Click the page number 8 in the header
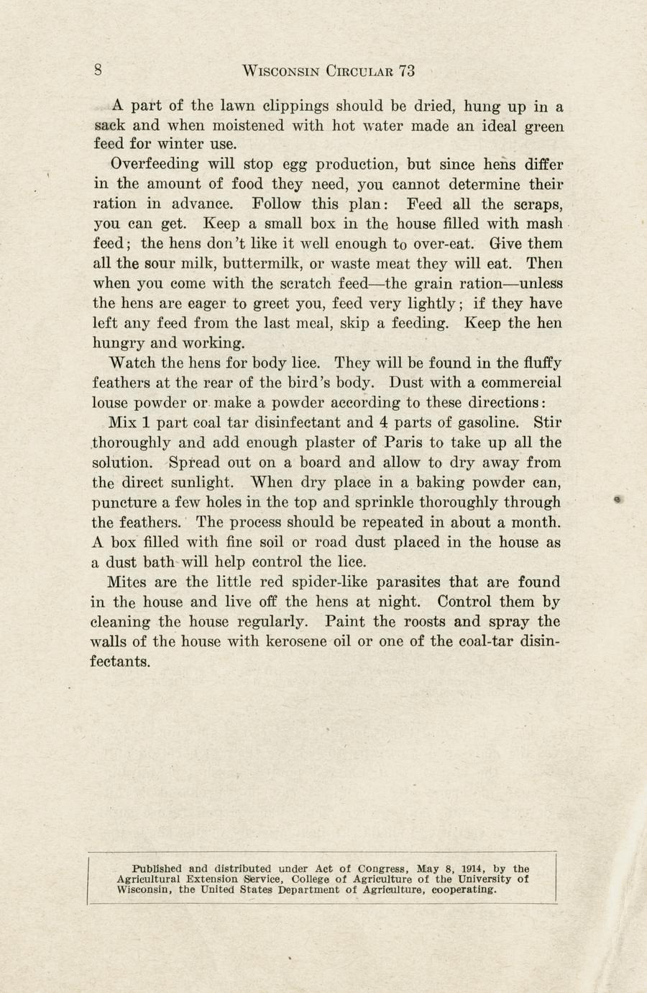[98, 70]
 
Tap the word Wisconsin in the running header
[281, 71]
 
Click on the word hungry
[118, 343]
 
